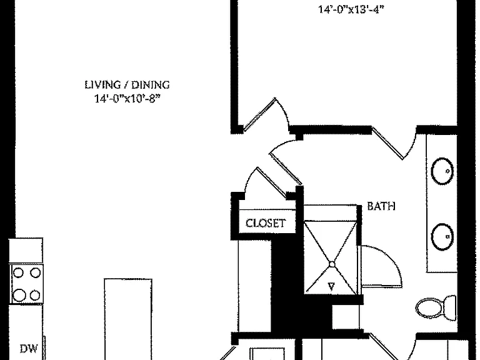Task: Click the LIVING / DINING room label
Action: coord(127,84)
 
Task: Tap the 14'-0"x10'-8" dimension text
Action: coord(127,99)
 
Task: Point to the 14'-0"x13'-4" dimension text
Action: coord(351,9)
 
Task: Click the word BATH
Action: coord(381,206)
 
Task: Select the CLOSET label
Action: coord(266,223)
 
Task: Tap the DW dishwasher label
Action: coord(29,348)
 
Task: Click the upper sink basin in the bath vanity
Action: coord(442,171)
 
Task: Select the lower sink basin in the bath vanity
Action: coord(442,237)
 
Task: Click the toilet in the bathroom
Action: coord(436,307)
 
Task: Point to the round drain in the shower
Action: coord(332,264)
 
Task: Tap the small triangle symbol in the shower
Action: coord(331,286)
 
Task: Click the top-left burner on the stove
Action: coord(19,272)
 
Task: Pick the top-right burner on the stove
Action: coord(36,272)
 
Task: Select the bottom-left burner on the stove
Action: coord(19,295)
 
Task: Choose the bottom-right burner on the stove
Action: coord(35,296)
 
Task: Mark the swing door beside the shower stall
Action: coord(381,266)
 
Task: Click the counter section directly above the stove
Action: coord(26,251)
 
